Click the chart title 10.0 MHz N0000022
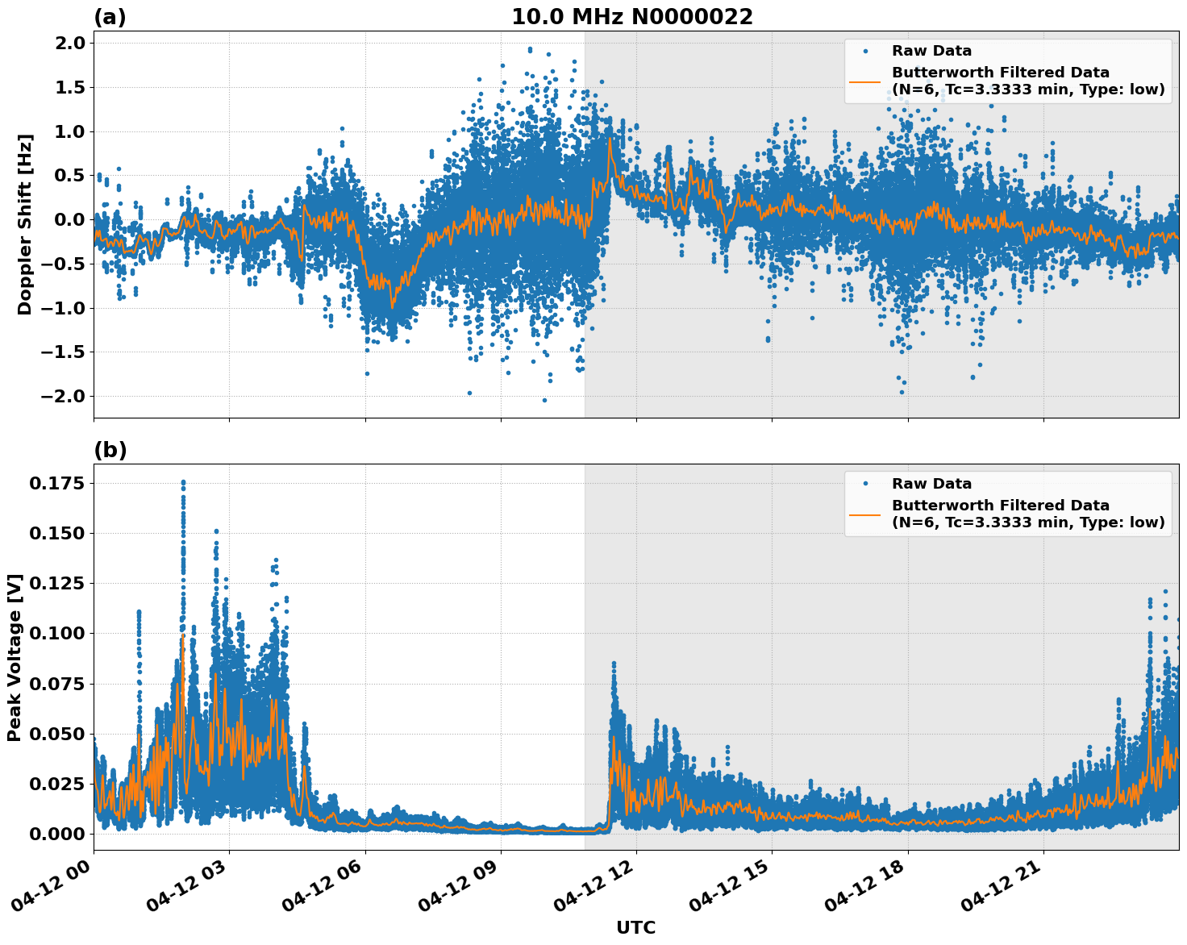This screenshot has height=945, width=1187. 632,17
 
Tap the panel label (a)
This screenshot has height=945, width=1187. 110,17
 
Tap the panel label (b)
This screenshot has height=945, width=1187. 110,450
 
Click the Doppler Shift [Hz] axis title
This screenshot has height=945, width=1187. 25,224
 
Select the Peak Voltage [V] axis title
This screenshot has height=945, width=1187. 14,657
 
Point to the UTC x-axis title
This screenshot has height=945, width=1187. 635,927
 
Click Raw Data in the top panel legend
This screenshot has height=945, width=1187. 931,51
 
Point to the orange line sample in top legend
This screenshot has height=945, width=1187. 864,81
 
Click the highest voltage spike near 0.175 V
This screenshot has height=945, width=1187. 183,482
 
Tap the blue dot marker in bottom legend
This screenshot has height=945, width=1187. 864,484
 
